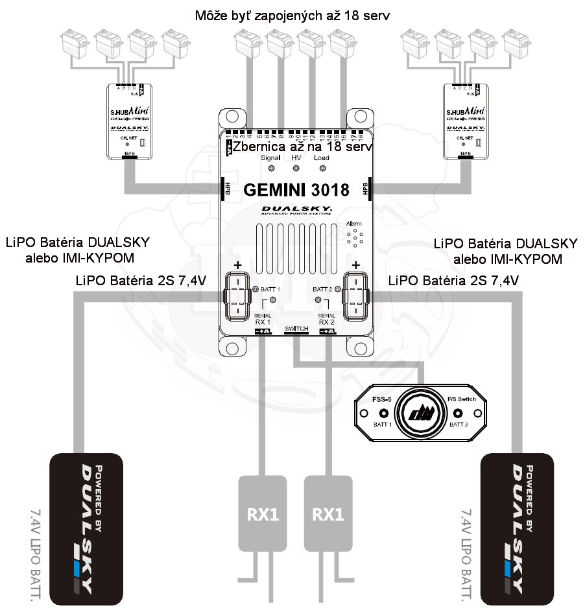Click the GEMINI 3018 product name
(x=296, y=190)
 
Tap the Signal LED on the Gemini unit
(x=270, y=169)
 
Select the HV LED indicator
(x=296, y=169)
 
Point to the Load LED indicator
(x=322, y=169)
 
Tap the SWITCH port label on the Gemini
(x=296, y=330)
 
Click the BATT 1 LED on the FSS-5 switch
(x=383, y=414)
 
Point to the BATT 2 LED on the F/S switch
(x=459, y=414)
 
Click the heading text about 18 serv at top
(x=292, y=14)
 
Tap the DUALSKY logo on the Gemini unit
(x=296, y=209)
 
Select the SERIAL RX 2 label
(x=326, y=318)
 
